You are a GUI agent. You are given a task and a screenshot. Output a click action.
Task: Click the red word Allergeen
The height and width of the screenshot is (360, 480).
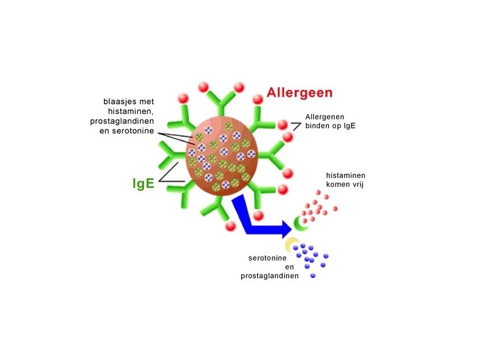(299, 93)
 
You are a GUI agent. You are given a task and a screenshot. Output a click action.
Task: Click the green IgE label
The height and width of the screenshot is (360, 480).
(143, 182)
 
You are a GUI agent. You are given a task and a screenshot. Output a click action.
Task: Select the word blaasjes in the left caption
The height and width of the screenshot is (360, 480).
(120, 102)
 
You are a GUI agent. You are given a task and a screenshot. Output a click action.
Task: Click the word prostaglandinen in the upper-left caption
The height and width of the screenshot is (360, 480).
(122, 121)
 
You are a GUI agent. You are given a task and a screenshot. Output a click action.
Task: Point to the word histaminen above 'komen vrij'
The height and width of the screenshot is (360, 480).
(344, 175)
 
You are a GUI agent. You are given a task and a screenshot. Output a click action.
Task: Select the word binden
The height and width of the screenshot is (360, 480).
(318, 127)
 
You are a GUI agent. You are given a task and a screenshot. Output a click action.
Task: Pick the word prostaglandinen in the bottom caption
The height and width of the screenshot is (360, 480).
(270, 275)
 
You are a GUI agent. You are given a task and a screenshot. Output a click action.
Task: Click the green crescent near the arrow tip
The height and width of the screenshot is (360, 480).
(301, 227)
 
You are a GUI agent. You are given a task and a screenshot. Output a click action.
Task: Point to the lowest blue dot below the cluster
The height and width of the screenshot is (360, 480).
(313, 275)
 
